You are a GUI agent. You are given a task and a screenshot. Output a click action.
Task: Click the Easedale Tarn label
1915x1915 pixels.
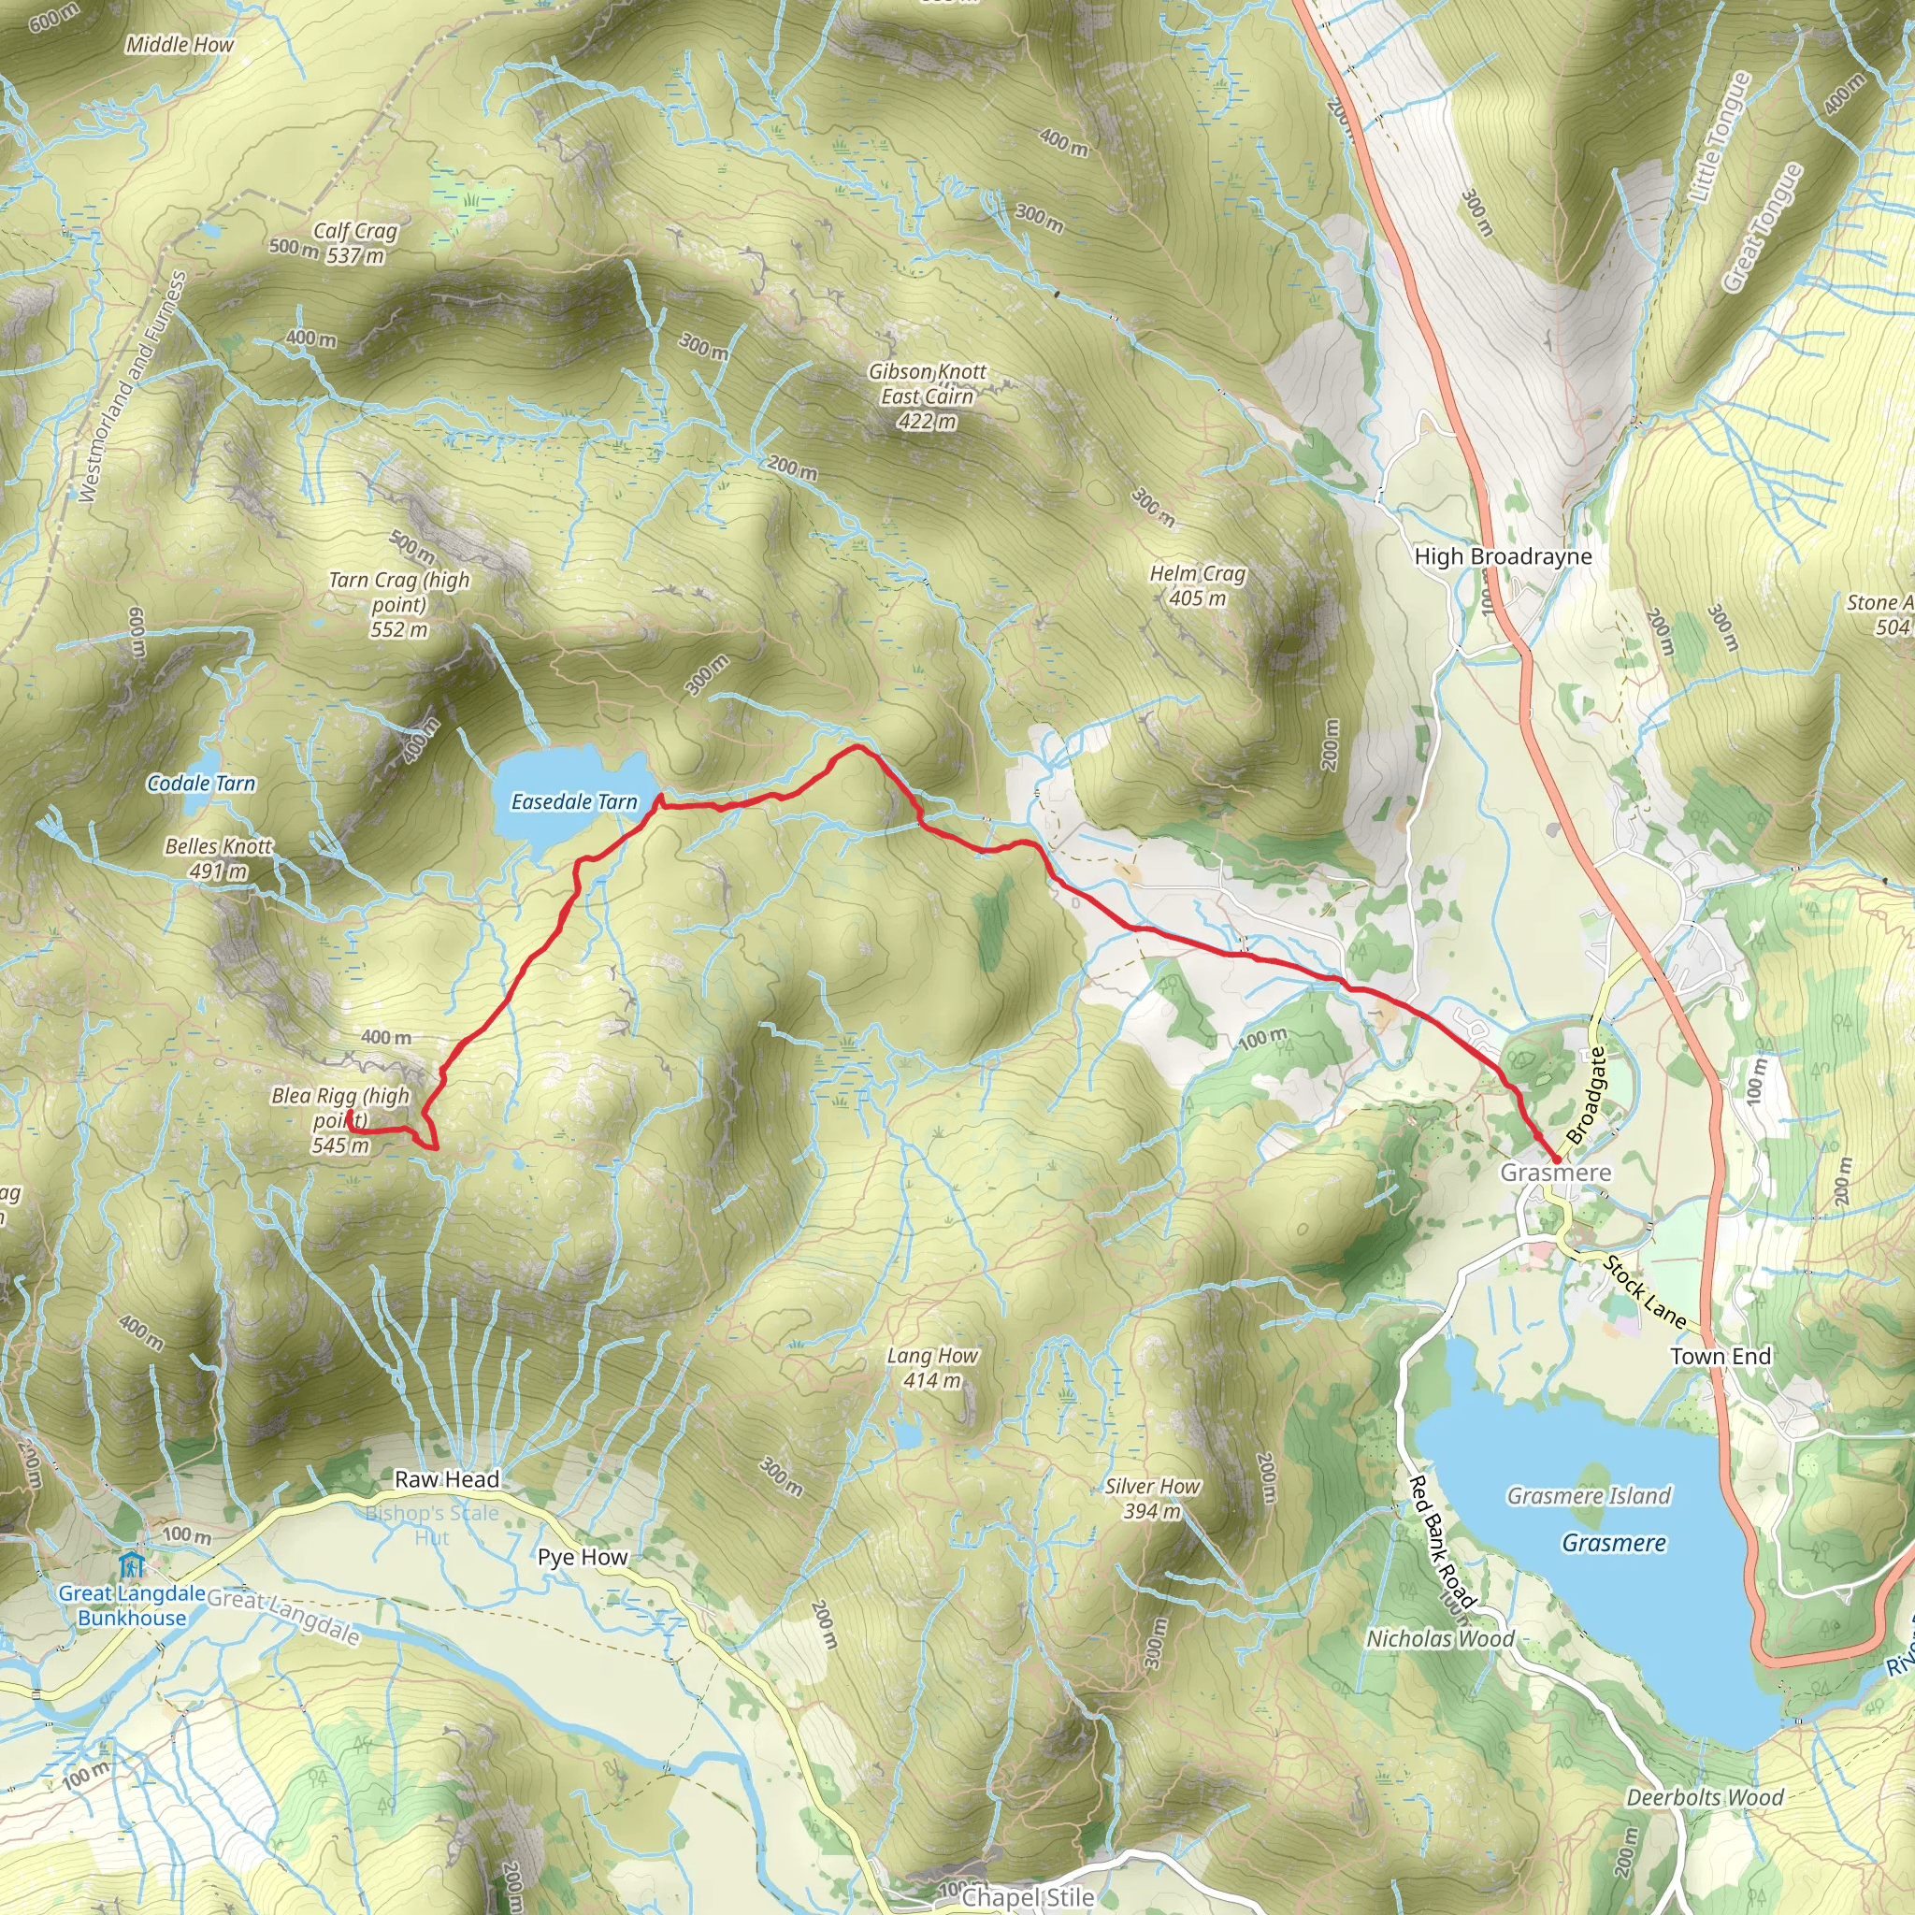pyautogui.click(x=574, y=802)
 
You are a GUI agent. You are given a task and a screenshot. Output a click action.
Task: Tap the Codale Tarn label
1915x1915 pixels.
pyautogui.click(x=201, y=784)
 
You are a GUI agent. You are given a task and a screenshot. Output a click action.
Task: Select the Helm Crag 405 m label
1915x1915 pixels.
pyautogui.click(x=1198, y=585)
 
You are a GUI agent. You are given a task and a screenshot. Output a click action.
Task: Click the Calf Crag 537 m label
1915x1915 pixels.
pyautogui.click(x=354, y=243)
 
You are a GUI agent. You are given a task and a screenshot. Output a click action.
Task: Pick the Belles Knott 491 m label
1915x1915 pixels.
pyautogui.click(x=219, y=858)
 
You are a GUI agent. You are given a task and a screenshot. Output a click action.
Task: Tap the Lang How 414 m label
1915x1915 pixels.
pyautogui.click(x=931, y=1368)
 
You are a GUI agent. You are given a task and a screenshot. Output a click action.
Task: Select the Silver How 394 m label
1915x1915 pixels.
pyautogui.click(x=1153, y=1499)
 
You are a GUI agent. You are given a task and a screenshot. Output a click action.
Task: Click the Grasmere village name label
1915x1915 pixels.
pyautogui.click(x=1555, y=1173)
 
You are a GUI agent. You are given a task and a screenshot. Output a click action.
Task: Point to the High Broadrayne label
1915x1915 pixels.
pyautogui.click(x=1503, y=557)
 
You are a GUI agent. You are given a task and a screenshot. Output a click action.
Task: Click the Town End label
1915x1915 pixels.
pyautogui.click(x=1720, y=1356)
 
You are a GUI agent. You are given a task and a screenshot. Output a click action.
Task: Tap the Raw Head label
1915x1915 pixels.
pyautogui.click(x=447, y=1480)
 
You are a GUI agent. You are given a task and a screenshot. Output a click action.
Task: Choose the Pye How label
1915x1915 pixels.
pyautogui.click(x=583, y=1557)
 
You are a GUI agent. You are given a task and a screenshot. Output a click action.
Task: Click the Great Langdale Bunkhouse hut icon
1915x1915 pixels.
pyautogui.click(x=131, y=1566)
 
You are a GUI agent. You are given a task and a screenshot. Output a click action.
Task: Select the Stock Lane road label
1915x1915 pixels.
pyautogui.click(x=1645, y=1291)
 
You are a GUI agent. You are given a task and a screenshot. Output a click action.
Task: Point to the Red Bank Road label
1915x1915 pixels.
pyautogui.click(x=1441, y=1541)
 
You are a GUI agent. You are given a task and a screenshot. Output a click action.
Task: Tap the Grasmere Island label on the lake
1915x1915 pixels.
pyautogui.click(x=1589, y=1496)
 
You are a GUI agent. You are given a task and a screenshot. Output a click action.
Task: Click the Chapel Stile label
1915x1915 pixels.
pyautogui.click(x=1028, y=1897)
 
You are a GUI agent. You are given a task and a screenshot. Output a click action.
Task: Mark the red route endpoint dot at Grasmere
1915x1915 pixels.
pyautogui.click(x=1556, y=1159)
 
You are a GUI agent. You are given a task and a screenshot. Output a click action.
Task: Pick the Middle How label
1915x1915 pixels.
pyautogui.click(x=180, y=45)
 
